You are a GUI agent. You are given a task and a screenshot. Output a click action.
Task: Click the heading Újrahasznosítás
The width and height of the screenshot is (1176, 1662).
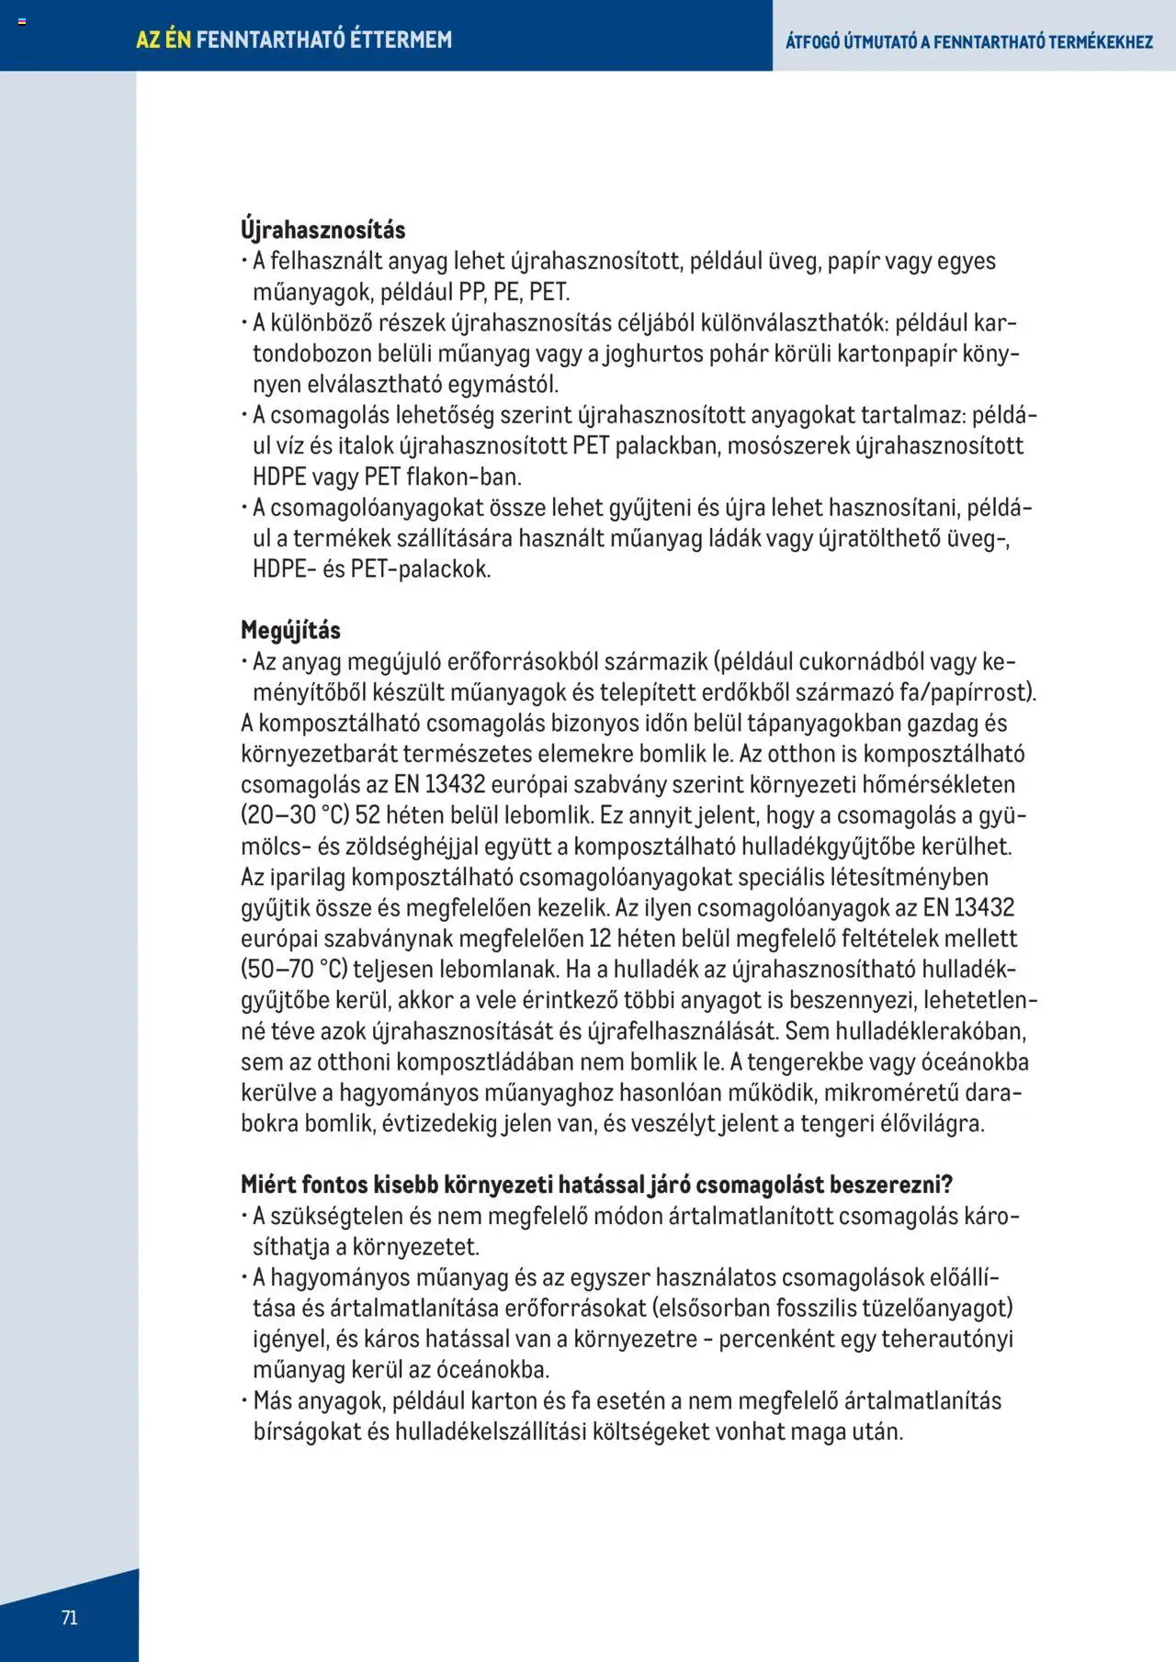322,230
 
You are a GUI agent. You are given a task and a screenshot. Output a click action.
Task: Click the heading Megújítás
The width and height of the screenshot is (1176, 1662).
290,631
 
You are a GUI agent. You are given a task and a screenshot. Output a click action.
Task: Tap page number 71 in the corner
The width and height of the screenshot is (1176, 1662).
70,1618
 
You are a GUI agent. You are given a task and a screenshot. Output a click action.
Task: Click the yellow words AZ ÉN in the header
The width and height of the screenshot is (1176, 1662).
164,39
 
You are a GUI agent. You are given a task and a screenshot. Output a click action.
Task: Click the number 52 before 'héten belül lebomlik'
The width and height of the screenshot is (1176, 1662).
367,815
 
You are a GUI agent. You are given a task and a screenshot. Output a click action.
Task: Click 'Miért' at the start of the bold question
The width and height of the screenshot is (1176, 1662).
267,1185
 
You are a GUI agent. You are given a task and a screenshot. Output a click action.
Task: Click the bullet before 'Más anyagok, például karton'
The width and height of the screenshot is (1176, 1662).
245,1400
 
